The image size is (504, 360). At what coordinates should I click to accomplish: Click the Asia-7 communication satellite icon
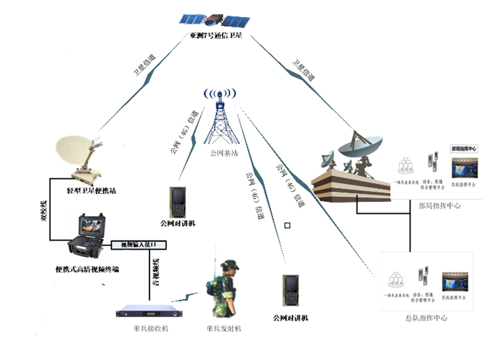[x=215, y=21]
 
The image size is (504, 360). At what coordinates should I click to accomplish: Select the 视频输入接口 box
[x=139, y=245]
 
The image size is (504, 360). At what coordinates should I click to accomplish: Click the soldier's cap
[x=230, y=265]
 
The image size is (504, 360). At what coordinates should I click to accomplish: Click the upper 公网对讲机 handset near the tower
[x=177, y=202]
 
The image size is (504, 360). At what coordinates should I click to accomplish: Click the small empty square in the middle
[x=287, y=226]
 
